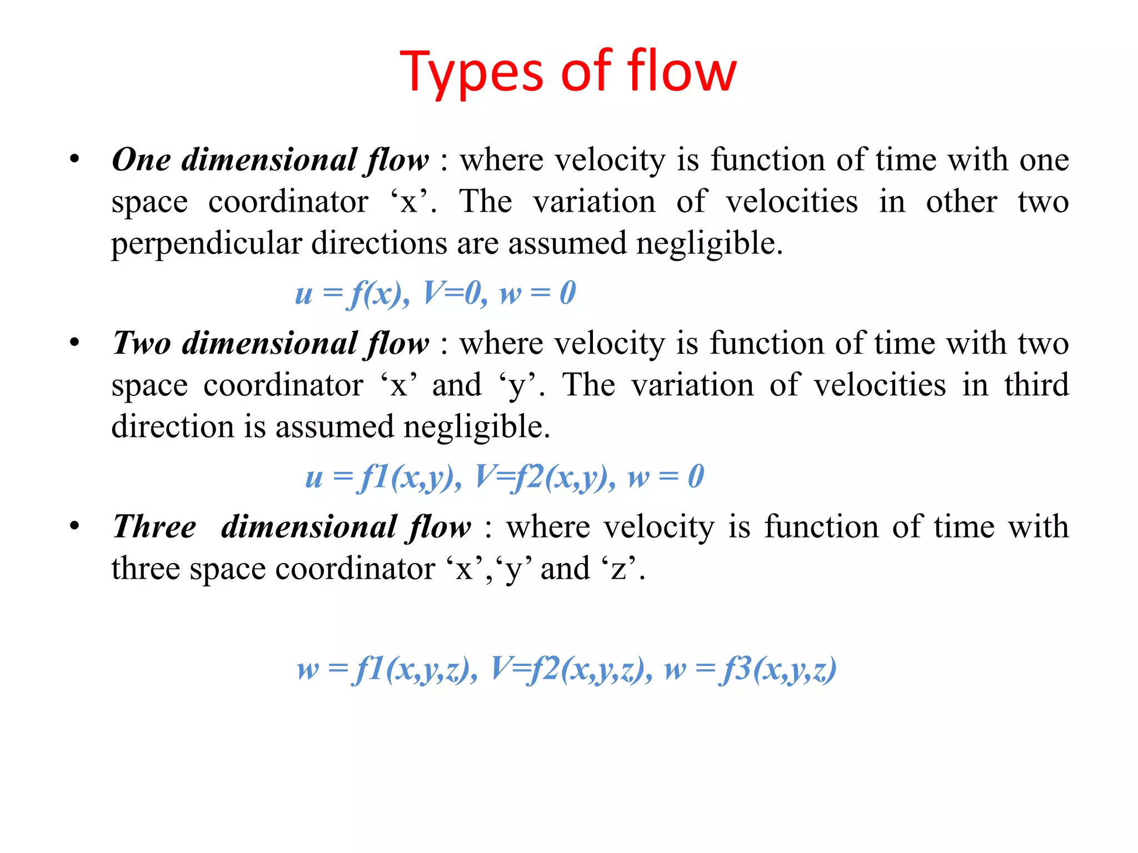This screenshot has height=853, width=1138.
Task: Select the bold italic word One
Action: (x=141, y=160)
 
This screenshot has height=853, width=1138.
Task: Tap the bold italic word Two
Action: (x=141, y=343)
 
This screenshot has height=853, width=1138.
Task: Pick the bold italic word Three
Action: (x=154, y=526)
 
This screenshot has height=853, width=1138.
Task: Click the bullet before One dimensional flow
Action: (x=74, y=160)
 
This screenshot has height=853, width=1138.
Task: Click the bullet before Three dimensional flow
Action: (x=74, y=526)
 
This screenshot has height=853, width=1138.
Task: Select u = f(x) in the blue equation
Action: (x=351, y=293)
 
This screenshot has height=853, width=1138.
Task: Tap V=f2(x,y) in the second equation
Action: (x=545, y=477)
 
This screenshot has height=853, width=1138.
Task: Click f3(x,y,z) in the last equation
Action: (x=778, y=669)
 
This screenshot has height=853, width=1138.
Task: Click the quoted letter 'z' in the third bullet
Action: (x=618, y=569)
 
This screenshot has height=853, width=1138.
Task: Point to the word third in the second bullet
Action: (x=1036, y=385)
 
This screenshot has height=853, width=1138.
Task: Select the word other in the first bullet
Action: (x=961, y=202)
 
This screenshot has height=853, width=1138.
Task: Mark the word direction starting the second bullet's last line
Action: (x=172, y=427)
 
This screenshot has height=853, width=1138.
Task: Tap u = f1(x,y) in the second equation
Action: (x=383, y=477)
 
